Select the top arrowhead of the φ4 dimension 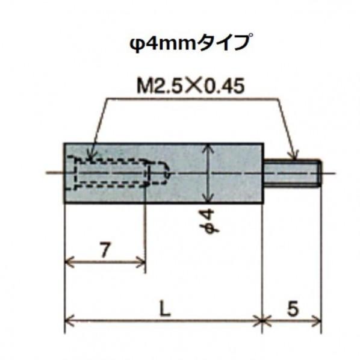click(208, 147)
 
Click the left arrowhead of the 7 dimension click(68, 262)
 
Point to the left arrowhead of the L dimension click(68, 321)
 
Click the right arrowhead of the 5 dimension click(318, 321)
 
